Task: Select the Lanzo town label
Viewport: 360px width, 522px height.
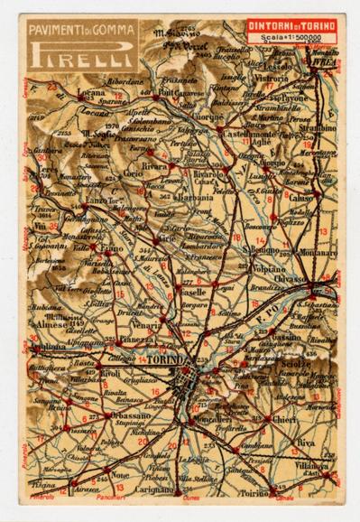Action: pos(71,199)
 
